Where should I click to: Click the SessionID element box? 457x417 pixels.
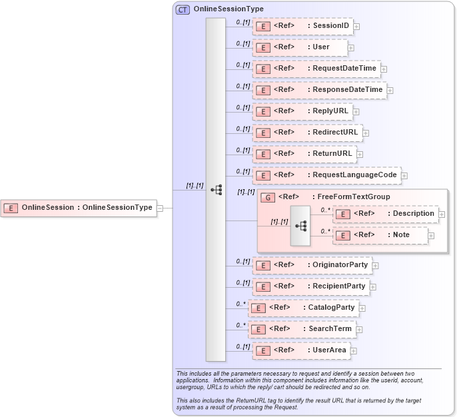302,26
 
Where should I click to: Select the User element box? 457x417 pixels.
300,47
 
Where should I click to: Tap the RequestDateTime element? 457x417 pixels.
316,68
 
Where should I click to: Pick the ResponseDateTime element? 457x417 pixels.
319,89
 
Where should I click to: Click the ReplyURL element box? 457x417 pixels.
302,111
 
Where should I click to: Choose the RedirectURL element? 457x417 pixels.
307,133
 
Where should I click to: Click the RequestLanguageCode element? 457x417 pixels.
326,175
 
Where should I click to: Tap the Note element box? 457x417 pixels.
380,235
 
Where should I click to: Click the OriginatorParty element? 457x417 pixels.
312,265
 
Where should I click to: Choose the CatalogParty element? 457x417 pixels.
303,308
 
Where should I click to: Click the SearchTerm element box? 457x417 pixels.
302,329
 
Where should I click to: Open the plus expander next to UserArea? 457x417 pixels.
354,351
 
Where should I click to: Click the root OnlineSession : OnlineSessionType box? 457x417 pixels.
79,208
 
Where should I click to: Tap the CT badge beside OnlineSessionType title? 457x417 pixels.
183,9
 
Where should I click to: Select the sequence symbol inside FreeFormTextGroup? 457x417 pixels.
300,225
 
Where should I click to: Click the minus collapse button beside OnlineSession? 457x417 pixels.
160,208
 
